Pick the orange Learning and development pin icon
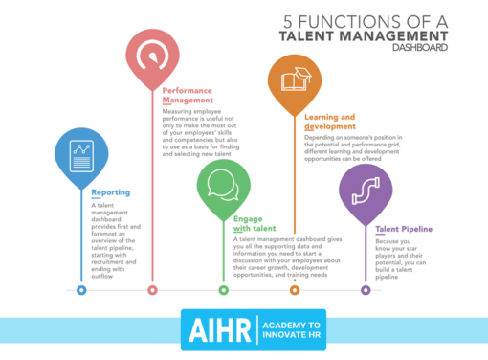pyautogui.click(x=295, y=79)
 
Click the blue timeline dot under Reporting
pyautogui.click(x=81, y=289)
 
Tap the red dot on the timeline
pyautogui.click(x=152, y=289)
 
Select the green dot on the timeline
pyautogui.click(x=223, y=289)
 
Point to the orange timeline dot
pyautogui.click(x=295, y=289)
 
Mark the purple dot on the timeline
pyautogui.click(x=366, y=289)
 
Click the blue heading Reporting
pyautogui.click(x=111, y=192)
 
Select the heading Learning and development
pyautogui.click(x=331, y=122)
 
